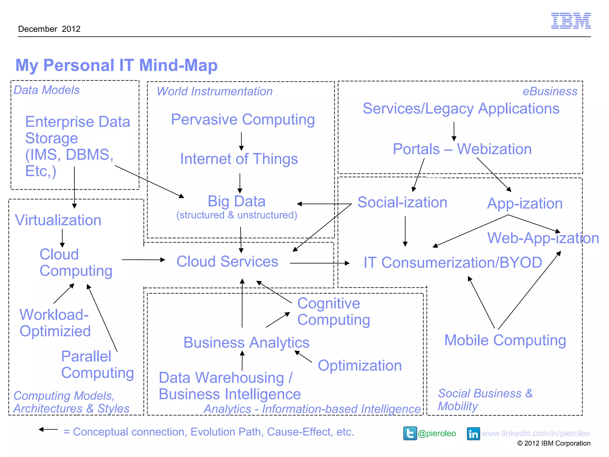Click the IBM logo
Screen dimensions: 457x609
click(571, 21)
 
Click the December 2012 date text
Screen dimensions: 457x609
click(49, 29)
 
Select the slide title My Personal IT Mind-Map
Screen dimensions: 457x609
click(116, 65)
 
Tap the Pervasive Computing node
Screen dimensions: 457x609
click(243, 120)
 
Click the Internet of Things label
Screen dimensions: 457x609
click(239, 159)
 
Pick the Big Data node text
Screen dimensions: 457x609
click(236, 201)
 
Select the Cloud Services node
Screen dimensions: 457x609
click(227, 262)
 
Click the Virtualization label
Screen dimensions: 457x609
click(58, 220)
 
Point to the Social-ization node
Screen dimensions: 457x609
click(402, 203)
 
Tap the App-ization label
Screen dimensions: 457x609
click(525, 204)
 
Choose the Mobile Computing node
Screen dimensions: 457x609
click(505, 340)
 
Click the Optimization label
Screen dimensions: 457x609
click(360, 366)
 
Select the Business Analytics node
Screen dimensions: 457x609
click(246, 343)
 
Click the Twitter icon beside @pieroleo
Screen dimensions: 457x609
click(410, 433)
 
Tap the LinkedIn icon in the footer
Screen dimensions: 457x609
click(473, 433)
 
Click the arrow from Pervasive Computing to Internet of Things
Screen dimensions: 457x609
click(241, 141)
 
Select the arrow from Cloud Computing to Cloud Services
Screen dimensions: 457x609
click(143, 260)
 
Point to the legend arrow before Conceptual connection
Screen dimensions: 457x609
click(48, 429)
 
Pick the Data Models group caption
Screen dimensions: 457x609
click(47, 90)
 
